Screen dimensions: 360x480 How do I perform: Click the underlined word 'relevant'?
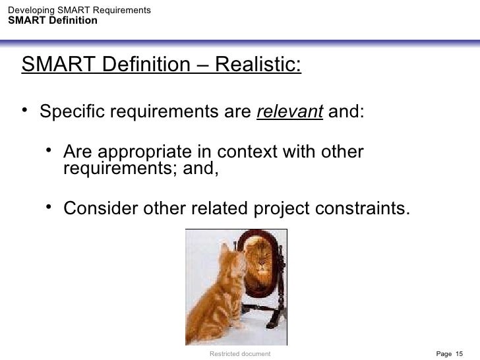289,111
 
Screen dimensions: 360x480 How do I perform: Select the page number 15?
460,354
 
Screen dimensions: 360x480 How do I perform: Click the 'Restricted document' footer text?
239,354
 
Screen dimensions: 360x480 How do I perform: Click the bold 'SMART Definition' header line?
53,20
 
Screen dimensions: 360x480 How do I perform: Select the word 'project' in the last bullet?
276,209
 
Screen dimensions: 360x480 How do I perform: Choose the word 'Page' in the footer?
444,354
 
